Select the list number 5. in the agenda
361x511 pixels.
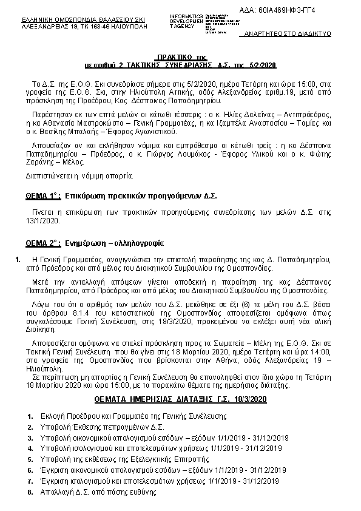[30, 459]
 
